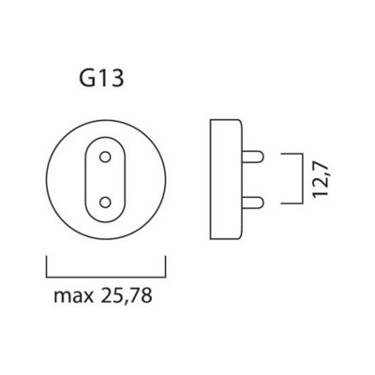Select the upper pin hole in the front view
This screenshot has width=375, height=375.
tap(105, 157)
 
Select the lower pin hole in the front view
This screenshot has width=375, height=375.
tap(105, 202)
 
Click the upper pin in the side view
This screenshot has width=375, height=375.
tap(252, 157)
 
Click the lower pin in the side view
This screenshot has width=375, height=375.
tap(252, 203)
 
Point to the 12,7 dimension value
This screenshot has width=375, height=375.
tap(321, 179)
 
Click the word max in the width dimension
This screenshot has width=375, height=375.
tap(74, 295)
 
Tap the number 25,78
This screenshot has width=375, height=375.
tap(127, 295)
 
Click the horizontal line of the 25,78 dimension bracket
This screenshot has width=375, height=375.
tap(106, 277)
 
